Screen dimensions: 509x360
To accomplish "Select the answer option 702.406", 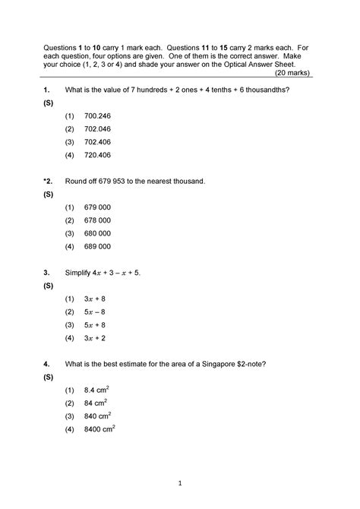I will pyautogui.click(x=99, y=142).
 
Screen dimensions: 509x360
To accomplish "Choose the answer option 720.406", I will pyautogui.click(x=99, y=155).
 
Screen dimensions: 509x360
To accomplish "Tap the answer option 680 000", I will pyautogui.click(x=99, y=233).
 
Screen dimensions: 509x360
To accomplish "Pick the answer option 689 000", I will pyautogui.click(x=99, y=246).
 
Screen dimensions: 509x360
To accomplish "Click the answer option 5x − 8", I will pyautogui.click(x=95, y=311).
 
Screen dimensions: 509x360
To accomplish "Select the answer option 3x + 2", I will pyautogui.click(x=95, y=337).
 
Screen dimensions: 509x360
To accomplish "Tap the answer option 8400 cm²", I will pyautogui.click(x=100, y=429).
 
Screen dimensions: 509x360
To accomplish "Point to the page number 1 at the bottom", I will pyautogui.click(x=180, y=483).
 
